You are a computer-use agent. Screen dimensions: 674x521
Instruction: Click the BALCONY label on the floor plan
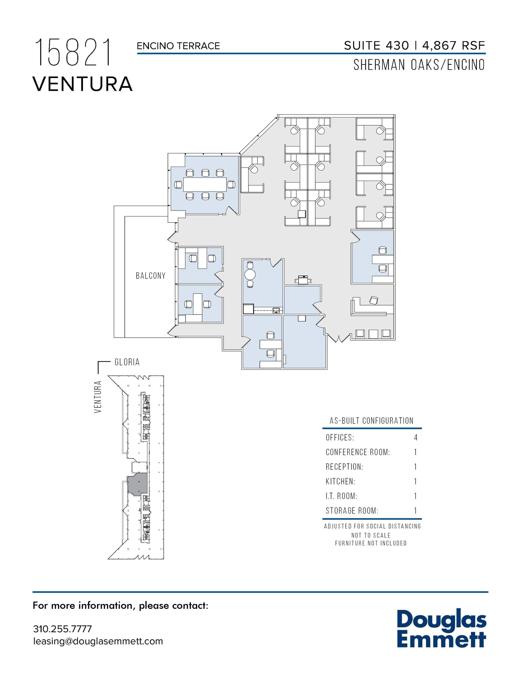pos(150,275)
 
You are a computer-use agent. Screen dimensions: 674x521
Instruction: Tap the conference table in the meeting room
pos(205,184)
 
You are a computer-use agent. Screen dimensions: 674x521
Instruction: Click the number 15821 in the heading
pos(73,53)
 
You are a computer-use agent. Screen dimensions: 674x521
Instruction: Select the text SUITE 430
pos(376,45)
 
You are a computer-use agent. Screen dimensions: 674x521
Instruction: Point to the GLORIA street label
pos(127,362)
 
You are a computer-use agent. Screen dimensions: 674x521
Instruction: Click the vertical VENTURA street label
pos(98,397)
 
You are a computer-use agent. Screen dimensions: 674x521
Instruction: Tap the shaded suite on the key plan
pos(137,483)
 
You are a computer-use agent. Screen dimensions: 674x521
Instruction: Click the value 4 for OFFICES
pos(416,437)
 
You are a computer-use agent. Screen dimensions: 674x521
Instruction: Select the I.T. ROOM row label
pos(341,496)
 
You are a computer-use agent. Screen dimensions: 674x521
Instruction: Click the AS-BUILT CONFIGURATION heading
pos(372,421)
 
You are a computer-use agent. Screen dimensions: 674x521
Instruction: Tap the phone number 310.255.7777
pos(62,629)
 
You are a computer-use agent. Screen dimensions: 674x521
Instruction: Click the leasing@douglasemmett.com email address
pos(98,641)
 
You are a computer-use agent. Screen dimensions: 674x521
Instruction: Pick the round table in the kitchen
pos(250,274)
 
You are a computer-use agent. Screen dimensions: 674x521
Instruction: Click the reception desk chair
pos(374,300)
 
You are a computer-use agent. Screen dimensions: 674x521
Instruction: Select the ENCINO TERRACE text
pos(178,46)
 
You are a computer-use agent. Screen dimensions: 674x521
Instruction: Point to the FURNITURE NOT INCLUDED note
pos(371,543)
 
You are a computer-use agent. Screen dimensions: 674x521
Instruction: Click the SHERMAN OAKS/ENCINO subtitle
pos(419,65)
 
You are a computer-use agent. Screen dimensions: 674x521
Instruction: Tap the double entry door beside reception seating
pos(339,338)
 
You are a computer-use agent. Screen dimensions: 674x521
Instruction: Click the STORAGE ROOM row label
pos(352,510)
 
